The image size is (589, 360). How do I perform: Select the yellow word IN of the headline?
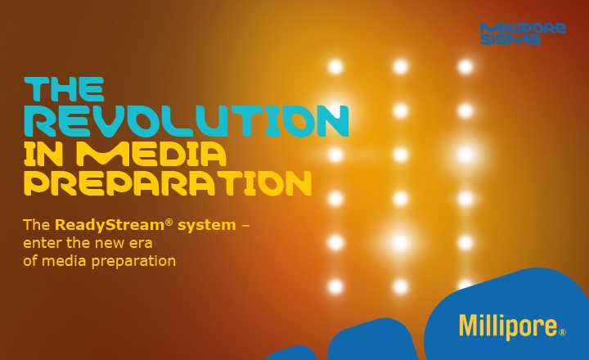46,152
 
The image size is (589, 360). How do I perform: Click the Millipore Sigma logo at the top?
523,34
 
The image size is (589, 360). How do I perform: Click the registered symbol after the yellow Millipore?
563,332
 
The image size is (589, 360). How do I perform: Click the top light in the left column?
335,66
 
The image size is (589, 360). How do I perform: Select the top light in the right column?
465,66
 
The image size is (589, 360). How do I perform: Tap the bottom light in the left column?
335,286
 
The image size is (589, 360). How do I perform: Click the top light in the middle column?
400,66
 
